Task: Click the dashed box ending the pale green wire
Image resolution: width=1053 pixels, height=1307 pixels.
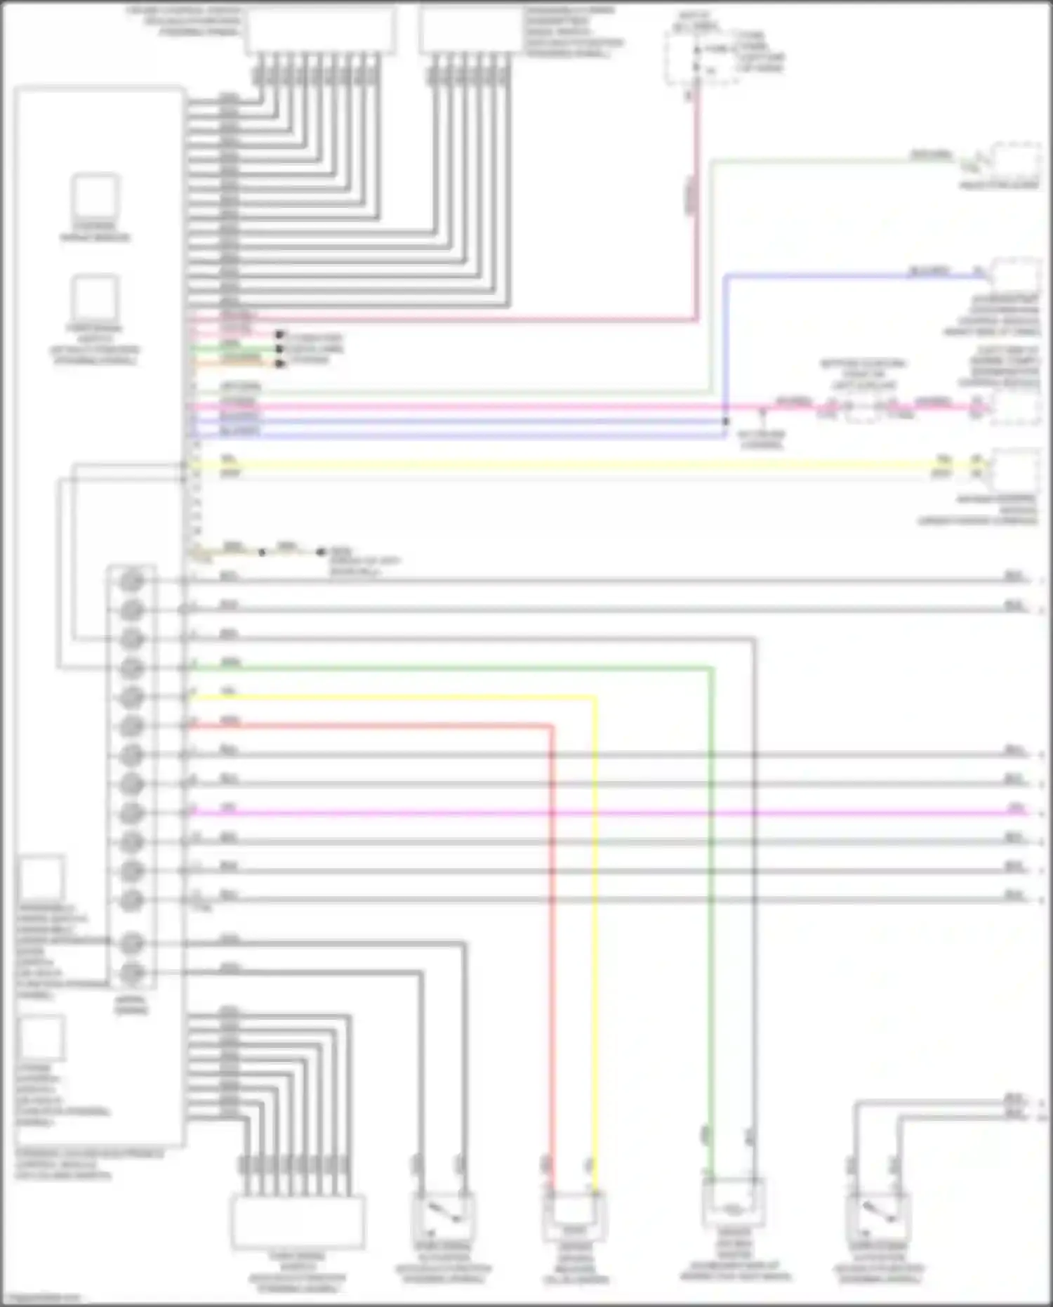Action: click(1016, 162)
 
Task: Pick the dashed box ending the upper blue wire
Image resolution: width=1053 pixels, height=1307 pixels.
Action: click(1016, 274)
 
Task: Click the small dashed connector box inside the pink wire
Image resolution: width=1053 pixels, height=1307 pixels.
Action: click(863, 408)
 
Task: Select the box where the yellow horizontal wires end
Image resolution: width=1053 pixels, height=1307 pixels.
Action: click(1016, 470)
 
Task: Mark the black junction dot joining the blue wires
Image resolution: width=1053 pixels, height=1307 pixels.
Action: click(726, 421)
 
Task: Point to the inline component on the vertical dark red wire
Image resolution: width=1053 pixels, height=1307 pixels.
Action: click(691, 193)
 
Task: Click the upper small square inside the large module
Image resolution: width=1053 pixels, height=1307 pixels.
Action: click(95, 197)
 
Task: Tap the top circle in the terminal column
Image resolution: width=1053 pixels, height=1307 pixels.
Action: click(131, 582)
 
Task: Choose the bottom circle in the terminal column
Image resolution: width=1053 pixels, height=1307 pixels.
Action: click(131, 973)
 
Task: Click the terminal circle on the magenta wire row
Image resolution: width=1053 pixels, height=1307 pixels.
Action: click(131, 813)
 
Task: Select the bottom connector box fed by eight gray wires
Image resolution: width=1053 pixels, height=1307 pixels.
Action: click(298, 1222)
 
